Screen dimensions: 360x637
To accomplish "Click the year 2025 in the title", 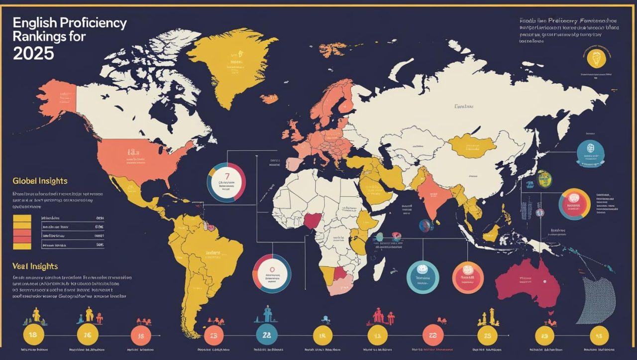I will point(33,53).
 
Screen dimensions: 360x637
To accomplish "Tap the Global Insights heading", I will point(40,181).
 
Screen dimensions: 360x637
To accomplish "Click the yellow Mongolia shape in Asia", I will point(473,144).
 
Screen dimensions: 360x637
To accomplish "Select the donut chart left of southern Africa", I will point(271,273).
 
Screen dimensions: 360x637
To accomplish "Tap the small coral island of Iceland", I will point(269,99).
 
